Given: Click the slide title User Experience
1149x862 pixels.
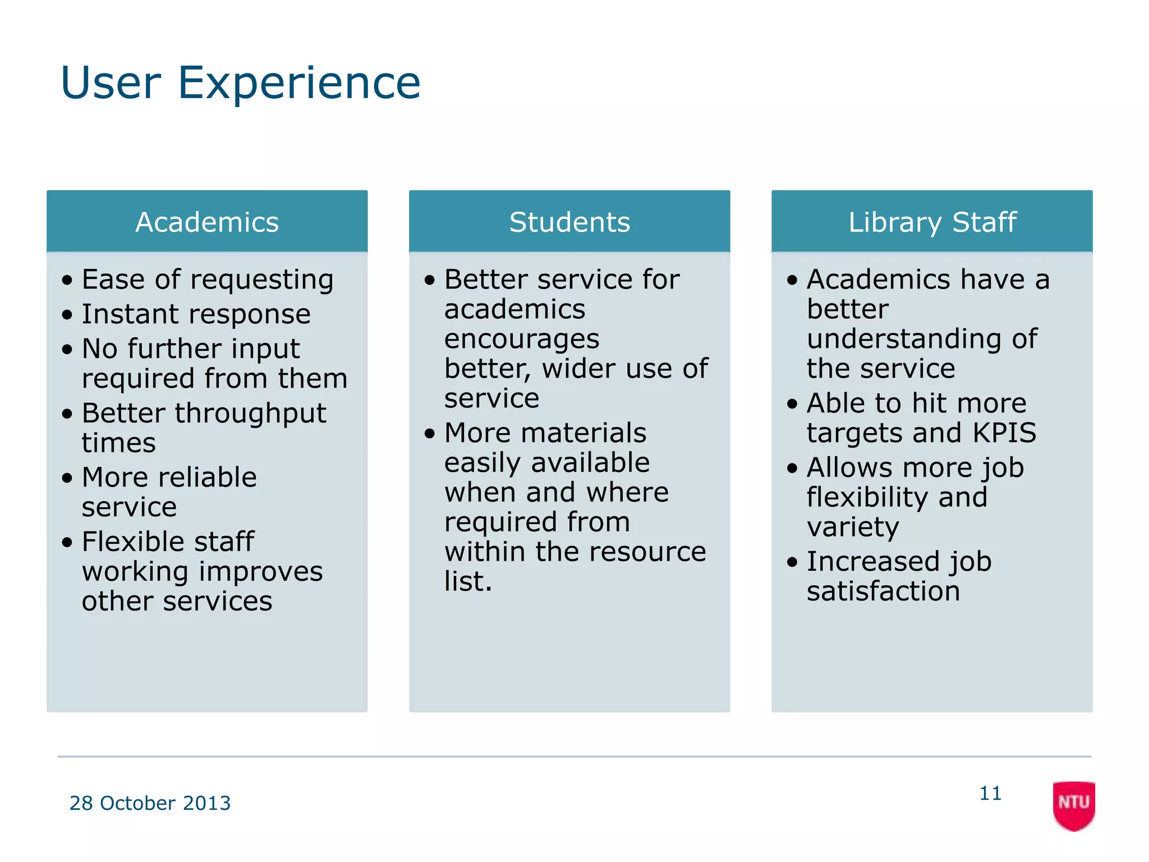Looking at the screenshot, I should click(240, 83).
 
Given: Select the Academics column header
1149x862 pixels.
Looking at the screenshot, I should click(207, 222).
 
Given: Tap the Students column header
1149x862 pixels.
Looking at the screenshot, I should click(569, 222).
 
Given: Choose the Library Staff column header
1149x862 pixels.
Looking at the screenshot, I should click(932, 222).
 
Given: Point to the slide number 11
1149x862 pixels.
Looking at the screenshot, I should click(990, 794).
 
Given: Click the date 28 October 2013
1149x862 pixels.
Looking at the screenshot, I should click(150, 803).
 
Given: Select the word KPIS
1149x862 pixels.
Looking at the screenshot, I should click(1004, 433).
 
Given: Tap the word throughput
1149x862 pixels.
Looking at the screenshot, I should click(250, 414).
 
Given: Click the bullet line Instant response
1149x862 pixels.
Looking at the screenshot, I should click(196, 314).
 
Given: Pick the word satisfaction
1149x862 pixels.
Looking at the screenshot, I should click(883, 592).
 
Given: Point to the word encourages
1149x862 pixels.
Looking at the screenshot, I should click(522, 340).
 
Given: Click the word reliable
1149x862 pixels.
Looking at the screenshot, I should click(208, 478).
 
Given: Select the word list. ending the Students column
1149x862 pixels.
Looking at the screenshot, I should click(468, 581).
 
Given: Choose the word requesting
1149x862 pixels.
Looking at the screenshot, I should click(262, 280).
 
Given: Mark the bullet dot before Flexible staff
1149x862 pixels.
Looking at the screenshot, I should click(67, 543).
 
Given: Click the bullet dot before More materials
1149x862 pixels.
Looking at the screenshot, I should click(430, 434).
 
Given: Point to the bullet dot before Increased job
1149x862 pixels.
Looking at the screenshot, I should click(792, 562).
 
